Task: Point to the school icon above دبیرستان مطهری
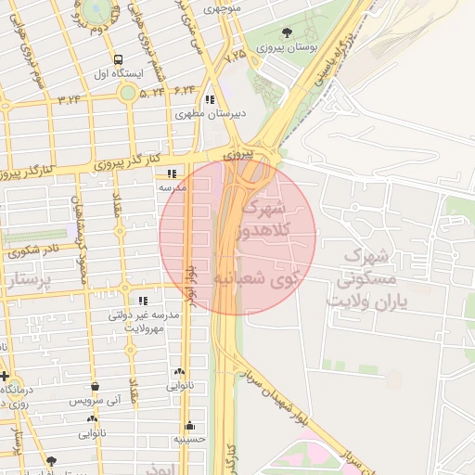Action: pos(211,99)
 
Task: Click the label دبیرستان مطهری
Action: pos(211,114)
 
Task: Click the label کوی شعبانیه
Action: pos(260,277)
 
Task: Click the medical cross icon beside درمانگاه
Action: pos(5,376)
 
